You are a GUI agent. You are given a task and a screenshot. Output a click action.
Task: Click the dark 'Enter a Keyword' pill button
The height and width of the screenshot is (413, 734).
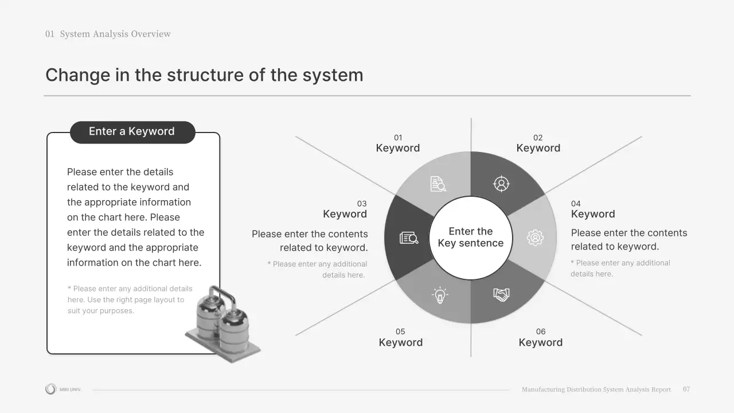coord(132,132)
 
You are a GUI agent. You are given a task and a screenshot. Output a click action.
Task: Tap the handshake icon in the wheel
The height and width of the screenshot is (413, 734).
coord(501,295)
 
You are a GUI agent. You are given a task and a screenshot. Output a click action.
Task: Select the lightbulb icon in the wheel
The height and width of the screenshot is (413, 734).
coord(440,295)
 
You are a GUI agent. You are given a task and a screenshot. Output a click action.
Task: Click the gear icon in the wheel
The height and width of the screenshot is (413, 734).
coord(535,237)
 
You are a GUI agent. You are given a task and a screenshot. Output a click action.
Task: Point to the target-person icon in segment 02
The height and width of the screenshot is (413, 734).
coord(501,184)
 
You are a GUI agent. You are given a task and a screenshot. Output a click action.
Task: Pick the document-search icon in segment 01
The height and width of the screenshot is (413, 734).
coord(438,184)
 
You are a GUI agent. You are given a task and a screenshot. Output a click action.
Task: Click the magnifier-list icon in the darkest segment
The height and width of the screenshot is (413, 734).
coord(409,237)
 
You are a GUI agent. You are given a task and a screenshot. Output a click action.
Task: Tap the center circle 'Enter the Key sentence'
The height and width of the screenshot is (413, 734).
coord(471,237)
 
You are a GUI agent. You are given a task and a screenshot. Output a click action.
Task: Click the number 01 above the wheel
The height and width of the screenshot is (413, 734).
coord(398,138)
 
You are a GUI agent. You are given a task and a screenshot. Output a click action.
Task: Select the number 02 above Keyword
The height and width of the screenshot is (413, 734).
coord(538,138)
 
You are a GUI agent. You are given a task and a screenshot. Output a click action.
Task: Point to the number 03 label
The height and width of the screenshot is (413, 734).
coord(362,204)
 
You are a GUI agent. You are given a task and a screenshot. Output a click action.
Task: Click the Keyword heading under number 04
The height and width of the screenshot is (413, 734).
coord(593,214)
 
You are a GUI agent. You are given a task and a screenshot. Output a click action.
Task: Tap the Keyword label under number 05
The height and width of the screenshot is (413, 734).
coord(401,342)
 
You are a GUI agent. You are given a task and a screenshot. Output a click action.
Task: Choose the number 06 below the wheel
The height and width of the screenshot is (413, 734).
coord(541,332)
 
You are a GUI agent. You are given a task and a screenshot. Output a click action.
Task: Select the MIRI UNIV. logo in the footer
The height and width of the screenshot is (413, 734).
coord(63,389)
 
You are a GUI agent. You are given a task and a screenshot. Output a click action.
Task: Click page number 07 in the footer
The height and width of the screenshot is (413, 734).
coord(686,389)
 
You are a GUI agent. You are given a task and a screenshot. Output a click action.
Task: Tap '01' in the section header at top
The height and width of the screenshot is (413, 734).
coord(50,34)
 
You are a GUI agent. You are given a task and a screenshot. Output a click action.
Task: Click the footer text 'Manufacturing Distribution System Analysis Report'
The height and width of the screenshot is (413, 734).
coord(596,389)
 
